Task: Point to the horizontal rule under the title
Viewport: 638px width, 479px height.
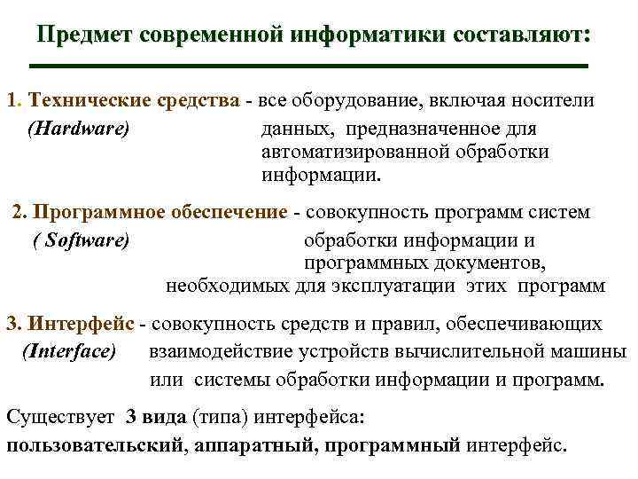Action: coord(308,66)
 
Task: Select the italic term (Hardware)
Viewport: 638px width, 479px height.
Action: coord(79,129)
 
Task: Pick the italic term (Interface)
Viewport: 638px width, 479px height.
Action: coord(68,352)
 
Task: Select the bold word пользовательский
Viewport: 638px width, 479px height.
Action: coord(95,445)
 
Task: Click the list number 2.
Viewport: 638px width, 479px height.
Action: coord(20,213)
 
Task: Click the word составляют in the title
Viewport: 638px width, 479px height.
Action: coord(517,35)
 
